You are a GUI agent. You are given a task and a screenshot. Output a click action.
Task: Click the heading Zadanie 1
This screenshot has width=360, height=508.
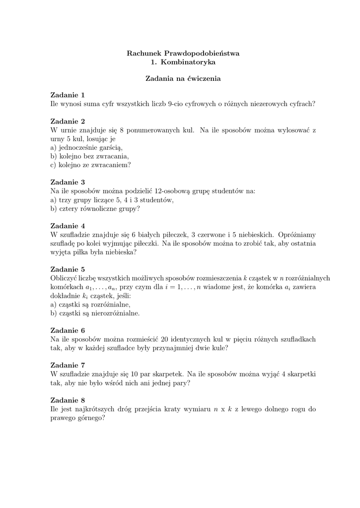(68, 95)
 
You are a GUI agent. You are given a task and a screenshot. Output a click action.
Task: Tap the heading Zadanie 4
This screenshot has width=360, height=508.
(68, 225)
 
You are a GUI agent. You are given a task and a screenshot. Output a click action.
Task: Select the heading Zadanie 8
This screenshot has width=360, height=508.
(68, 400)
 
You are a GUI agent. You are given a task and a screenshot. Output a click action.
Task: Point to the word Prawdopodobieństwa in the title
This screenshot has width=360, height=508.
(205, 53)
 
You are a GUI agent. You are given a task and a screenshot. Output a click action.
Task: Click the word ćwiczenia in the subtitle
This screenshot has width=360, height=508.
(201, 78)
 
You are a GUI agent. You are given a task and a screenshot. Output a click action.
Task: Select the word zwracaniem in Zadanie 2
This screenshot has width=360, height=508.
(113, 165)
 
